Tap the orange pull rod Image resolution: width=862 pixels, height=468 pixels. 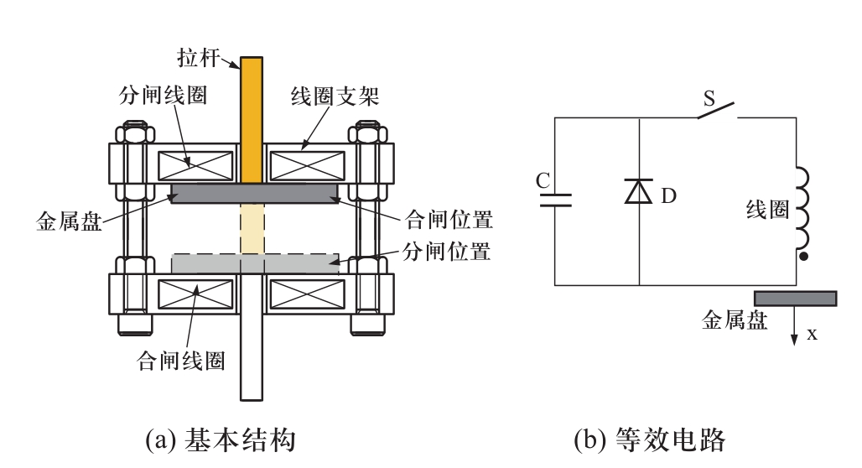click(x=252, y=117)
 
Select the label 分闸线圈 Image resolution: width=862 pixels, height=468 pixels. click(x=163, y=95)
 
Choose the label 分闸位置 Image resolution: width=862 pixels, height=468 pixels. click(x=447, y=251)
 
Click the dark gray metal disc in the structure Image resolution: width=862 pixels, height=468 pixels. click(x=255, y=194)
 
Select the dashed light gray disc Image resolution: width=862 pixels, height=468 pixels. click(x=255, y=263)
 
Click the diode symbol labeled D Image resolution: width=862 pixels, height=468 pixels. click(x=639, y=192)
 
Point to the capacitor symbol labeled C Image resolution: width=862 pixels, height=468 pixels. click(x=555, y=200)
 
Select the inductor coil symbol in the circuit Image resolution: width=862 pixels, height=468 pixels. click(x=802, y=210)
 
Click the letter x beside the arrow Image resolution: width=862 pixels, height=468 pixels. click(x=812, y=334)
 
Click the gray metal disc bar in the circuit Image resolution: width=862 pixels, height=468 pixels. click(x=795, y=298)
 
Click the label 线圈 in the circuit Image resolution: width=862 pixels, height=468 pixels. click(x=767, y=210)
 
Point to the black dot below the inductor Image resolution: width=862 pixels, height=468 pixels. click(x=804, y=256)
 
